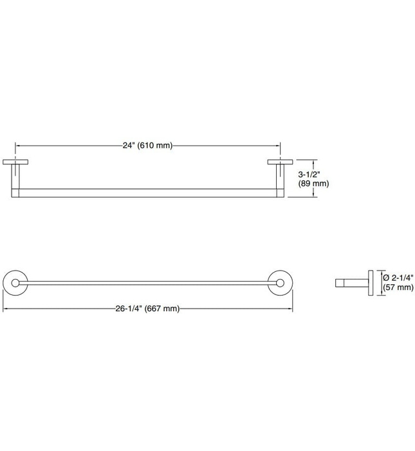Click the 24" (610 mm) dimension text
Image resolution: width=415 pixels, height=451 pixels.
(147, 146)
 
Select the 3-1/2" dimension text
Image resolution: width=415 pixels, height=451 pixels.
(310, 174)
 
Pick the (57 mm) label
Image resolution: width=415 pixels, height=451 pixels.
(398, 287)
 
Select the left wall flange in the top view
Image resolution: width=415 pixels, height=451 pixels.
(15, 162)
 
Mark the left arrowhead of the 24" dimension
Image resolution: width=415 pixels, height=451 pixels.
(17, 146)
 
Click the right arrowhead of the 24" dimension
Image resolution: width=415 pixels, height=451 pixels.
(278, 146)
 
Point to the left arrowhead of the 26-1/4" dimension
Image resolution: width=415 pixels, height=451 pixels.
(6, 309)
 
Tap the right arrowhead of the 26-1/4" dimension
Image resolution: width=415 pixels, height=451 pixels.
(290, 309)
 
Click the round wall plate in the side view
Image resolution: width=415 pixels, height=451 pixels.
(370, 282)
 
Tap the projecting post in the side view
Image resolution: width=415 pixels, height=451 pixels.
(351, 282)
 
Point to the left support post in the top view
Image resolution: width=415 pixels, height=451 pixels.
(15, 177)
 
